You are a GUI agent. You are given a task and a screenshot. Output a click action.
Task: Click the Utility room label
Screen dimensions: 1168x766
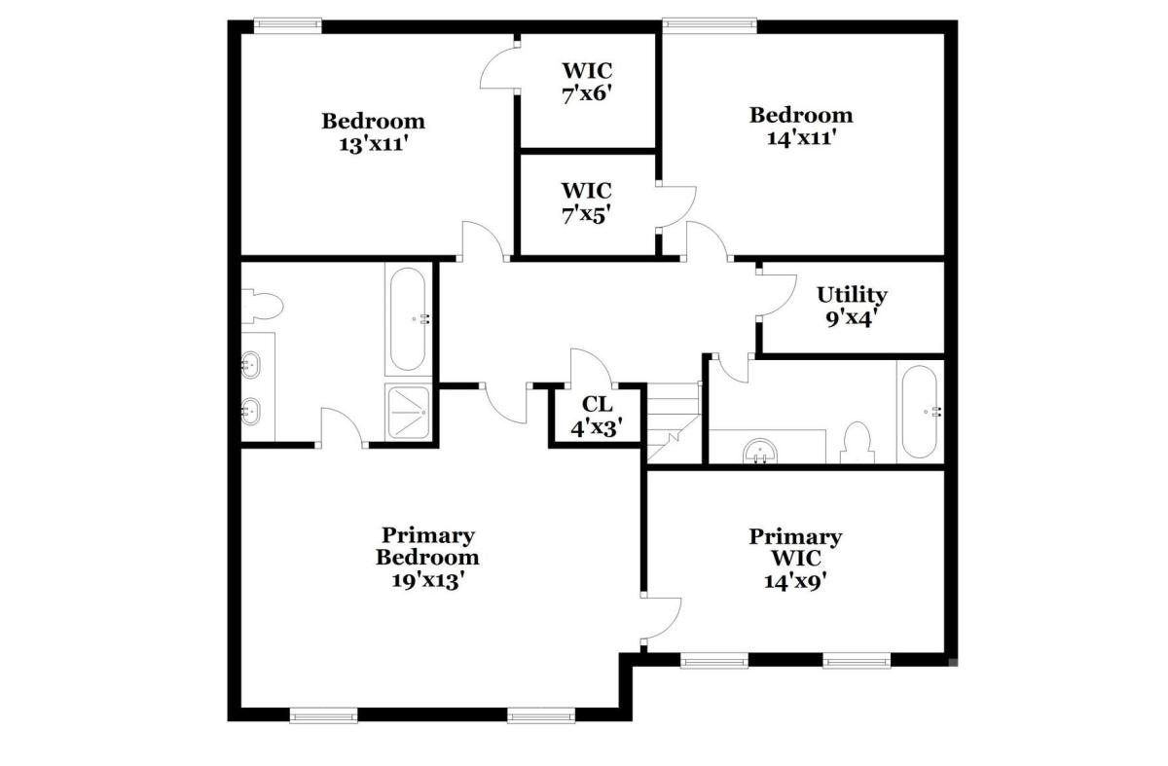pos(852,295)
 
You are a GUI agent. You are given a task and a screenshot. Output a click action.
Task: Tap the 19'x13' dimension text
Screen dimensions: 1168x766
pos(427,580)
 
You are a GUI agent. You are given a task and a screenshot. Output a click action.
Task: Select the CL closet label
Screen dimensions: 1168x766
pos(597,404)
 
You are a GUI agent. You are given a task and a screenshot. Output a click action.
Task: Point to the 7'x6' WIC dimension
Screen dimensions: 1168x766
pos(587,94)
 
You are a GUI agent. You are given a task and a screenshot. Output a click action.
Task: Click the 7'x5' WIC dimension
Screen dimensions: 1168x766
pos(587,214)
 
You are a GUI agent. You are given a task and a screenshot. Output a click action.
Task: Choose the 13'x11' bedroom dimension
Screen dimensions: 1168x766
pos(373,144)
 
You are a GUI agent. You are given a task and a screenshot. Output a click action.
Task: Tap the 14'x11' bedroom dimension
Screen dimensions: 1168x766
pos(802,137)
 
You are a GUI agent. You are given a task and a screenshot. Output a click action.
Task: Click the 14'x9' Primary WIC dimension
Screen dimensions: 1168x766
pos(796,580)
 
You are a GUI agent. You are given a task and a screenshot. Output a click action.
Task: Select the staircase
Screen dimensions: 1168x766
pos(674,422)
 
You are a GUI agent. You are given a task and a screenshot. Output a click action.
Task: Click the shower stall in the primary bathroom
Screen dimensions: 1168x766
pos(408,412)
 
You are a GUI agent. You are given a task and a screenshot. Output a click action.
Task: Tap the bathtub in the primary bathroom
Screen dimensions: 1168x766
pos(407,319)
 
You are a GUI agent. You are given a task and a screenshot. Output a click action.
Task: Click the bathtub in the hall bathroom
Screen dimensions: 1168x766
pos(920,412)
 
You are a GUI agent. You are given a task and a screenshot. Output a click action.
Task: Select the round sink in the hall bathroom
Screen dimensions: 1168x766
pos(760,451)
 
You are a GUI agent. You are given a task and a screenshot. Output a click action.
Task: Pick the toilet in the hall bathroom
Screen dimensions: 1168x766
pos(858,443)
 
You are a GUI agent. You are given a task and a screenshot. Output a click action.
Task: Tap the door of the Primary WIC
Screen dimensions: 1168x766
pos(661,618)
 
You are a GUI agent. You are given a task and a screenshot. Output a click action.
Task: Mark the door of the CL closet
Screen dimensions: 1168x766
pos(593,367)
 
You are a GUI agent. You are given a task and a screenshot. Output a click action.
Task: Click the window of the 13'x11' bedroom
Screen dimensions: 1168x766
pos(287,25)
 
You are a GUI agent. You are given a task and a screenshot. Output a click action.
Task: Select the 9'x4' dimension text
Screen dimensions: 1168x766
pos(849,318)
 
